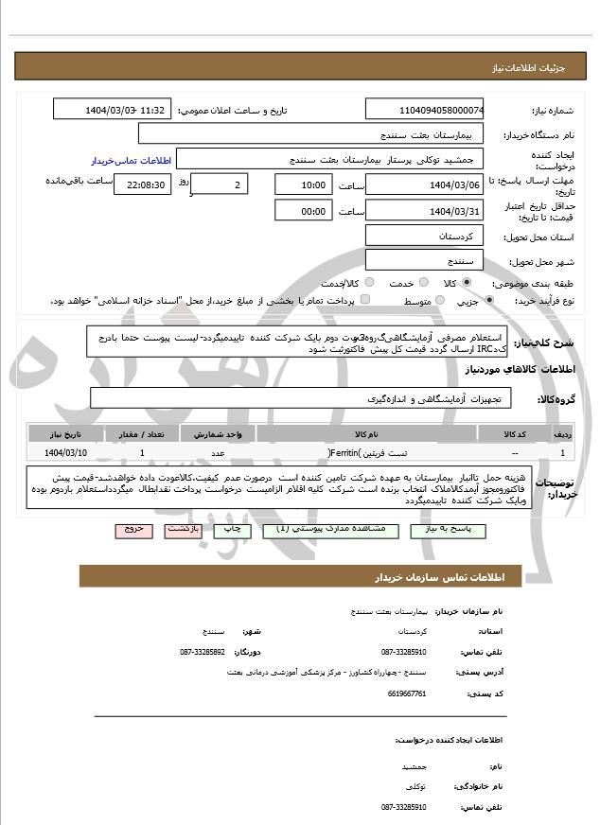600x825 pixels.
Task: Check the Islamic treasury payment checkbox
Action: (x=365, y=301)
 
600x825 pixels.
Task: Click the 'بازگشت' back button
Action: (x=184, y=530)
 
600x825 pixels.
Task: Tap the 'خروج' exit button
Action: (x=133, y=530)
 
